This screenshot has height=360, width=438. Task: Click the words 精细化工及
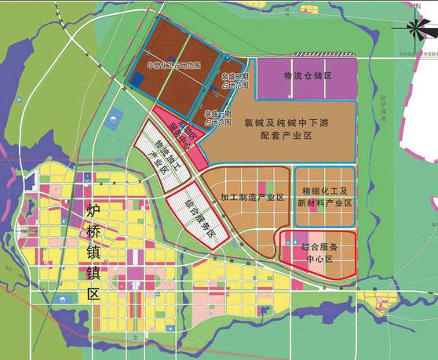(x=324, y=191)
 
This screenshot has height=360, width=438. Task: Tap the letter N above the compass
(x=417, y=7)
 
